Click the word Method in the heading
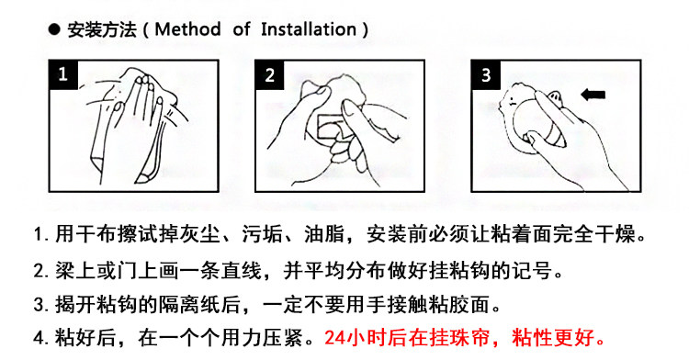click(x=187, y=29)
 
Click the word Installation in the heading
click(x=309, y=29)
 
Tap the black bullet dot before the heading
click(x=54, y=30)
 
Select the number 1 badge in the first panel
click(x=63, y=74)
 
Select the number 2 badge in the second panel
click(x=270, y=74)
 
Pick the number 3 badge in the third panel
click(x=486, y=74)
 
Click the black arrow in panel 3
click(x=593, y=95)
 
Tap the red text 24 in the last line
click(x=335, y=338)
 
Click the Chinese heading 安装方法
click(x=101, y=30)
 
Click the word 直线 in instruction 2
click(x=242, y=270)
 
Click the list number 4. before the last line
click(x=40, y=338)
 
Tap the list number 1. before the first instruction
click(x=40, y=235)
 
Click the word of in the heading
click(x=242, y=29)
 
